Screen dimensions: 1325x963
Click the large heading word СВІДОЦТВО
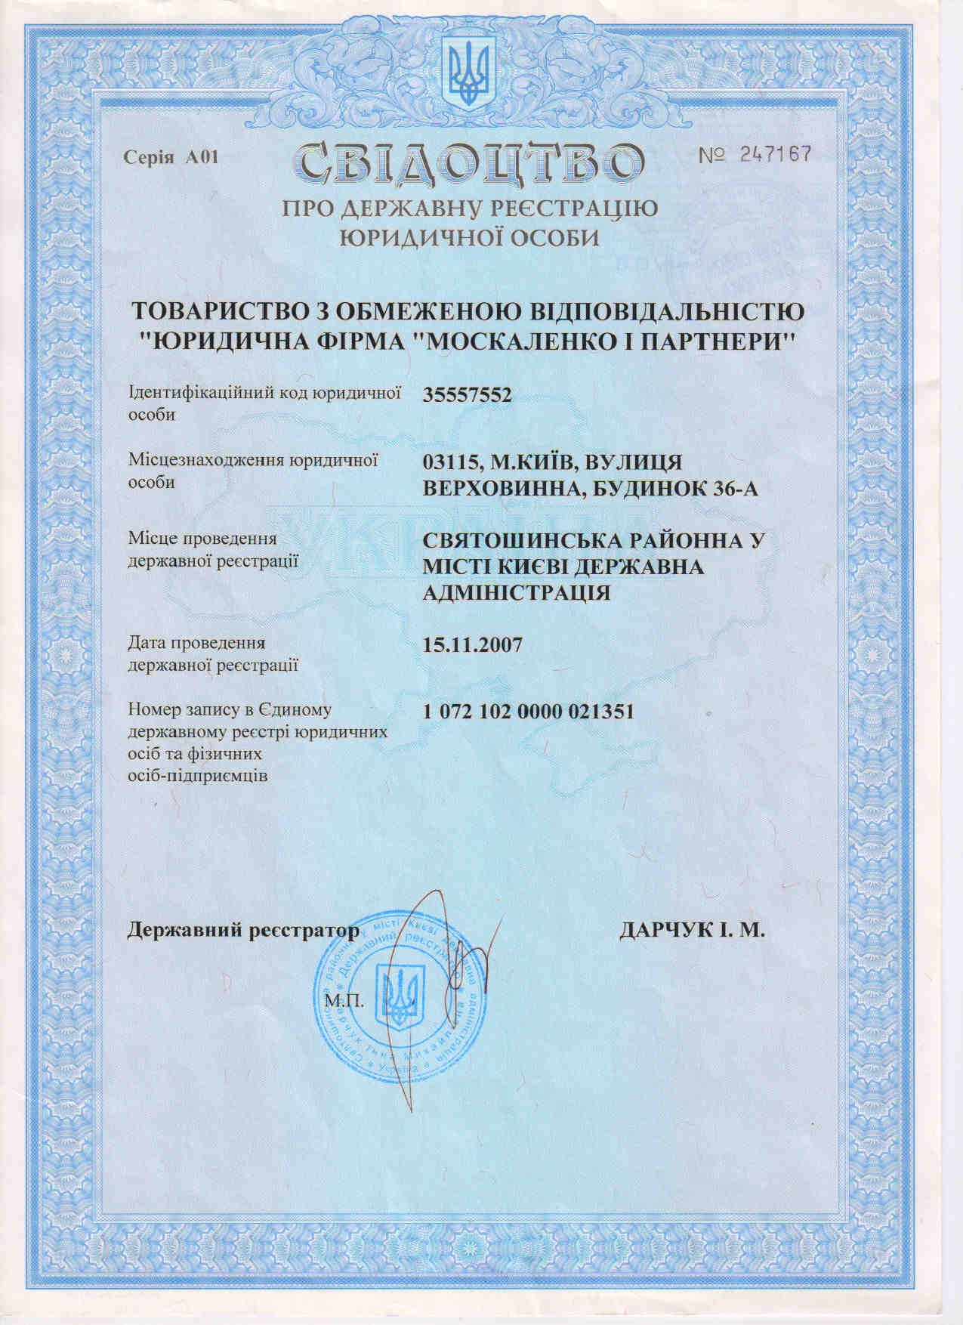point(469,162)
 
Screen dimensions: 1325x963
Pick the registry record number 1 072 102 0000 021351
point(528,712)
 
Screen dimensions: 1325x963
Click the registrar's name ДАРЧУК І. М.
point(692,931)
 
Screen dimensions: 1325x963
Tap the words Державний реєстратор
point(243,931)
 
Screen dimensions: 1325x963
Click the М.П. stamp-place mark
point(345,1002)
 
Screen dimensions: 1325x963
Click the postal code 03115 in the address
point(451,461)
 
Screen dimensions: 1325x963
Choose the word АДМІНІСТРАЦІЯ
point(517,591)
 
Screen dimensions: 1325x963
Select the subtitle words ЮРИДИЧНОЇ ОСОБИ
point(469,238)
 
